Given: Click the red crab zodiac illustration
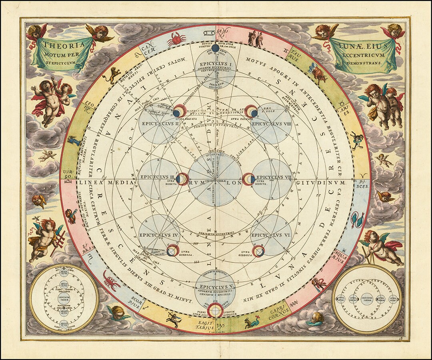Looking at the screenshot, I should pos(176,39).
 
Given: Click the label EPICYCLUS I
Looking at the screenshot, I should pos(215,64).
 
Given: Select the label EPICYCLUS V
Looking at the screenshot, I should pos(215,287).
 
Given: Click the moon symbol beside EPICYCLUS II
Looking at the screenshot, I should pos(178,110).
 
